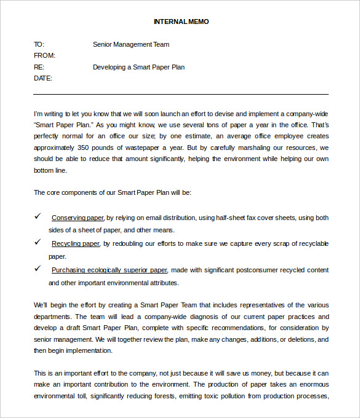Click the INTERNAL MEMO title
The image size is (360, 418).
point(181,22)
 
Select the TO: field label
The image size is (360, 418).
point(39,44)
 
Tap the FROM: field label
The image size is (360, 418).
point(44,55)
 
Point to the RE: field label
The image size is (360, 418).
point(39,67)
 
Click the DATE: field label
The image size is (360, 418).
point(43,78)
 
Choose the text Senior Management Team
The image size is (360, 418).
point(130,44)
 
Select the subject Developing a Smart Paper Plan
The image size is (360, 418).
point(138,67)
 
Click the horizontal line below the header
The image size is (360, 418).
point(181,94)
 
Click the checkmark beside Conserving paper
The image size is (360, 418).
point(38,216)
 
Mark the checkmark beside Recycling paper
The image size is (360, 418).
point(38,242)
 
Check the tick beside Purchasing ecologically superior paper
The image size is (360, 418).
point(38,269)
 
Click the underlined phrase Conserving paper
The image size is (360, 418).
point(78,218)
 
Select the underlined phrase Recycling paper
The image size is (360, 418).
point(75,243)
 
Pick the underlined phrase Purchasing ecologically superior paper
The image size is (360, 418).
point(109,270)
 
